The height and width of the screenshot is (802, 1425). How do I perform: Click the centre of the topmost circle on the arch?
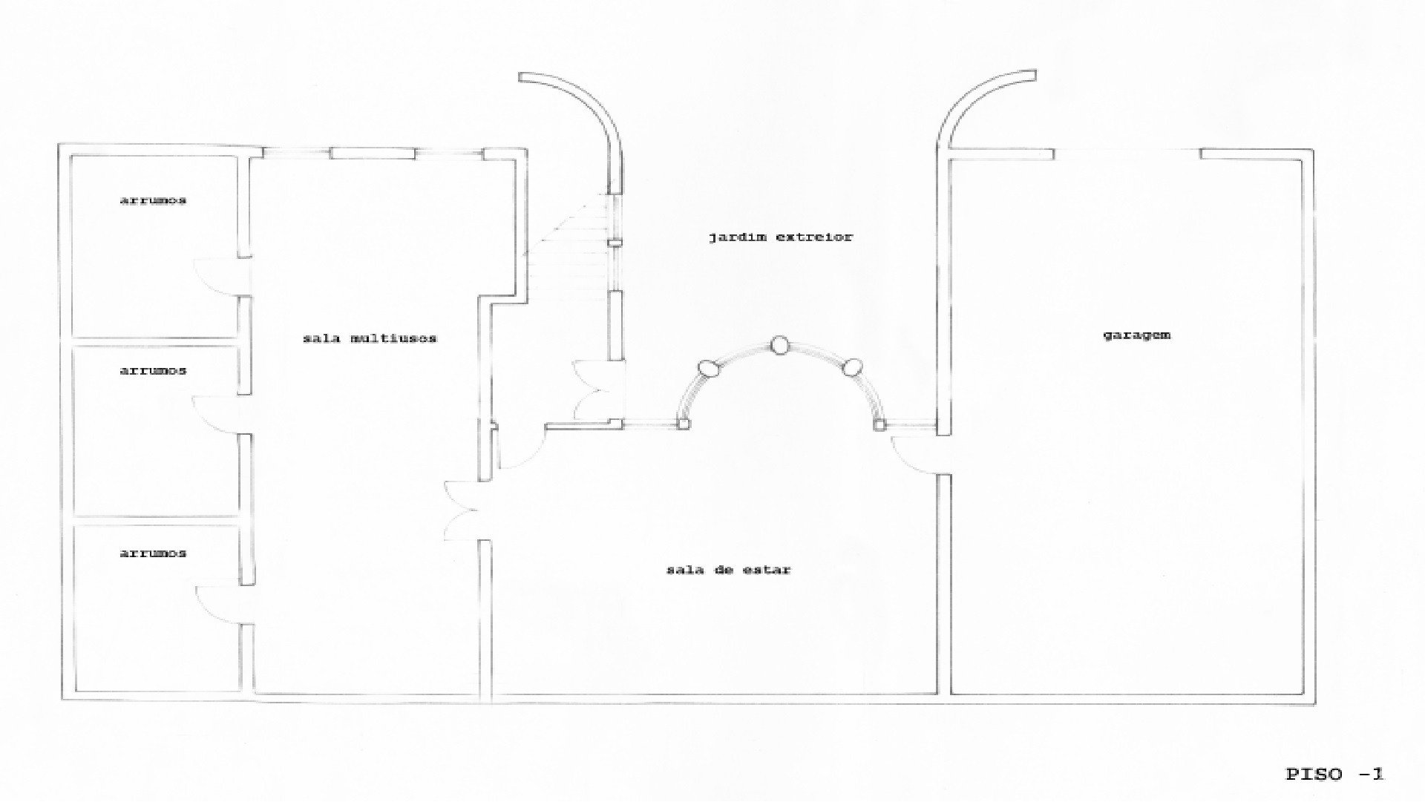coord(779,345)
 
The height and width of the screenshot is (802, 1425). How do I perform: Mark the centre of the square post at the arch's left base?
coord(684,424)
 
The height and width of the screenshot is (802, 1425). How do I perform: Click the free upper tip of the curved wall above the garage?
coord(1035,75)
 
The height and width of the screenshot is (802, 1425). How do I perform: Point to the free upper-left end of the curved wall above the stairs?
coord(521,76)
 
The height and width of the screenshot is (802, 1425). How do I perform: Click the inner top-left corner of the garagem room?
coord(952,160)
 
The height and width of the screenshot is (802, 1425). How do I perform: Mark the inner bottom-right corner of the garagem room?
coord(1304,693)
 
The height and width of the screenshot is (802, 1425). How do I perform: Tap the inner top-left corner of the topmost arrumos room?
coord(72,157)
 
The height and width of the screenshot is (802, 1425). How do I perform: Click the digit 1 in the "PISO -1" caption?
coord(1378,774)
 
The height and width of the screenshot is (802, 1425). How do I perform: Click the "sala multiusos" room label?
coord(370,338)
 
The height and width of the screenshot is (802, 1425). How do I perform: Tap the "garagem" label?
coord(1136,335)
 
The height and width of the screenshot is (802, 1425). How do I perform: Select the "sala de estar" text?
coord(729,570)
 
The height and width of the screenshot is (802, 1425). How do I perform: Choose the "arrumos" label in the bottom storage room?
coord(153,553)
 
